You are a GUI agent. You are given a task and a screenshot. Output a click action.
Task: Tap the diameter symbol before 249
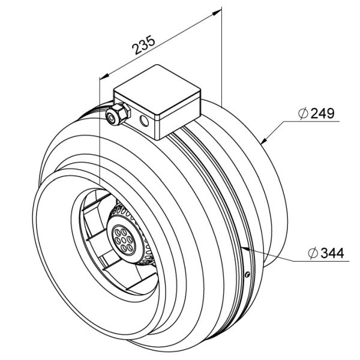302,113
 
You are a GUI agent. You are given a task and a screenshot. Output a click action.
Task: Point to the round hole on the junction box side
144,122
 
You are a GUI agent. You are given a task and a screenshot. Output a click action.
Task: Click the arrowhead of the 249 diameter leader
265,142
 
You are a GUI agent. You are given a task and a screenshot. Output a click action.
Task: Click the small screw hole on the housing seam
247,275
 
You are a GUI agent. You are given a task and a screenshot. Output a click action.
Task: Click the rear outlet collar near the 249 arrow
273,180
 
